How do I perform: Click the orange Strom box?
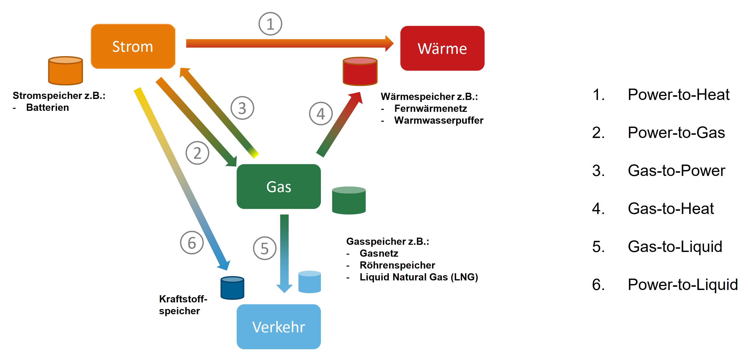pyautogui.click(x=133, y=47)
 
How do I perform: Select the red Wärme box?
pyautogui.click(x=442, y=48)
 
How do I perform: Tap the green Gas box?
pyautogui.click(x=279, y=186)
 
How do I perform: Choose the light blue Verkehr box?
pyautogui.click(x=279, y=327)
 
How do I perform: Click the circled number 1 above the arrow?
pyautogui.click(x=270, y=24)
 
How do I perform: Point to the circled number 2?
pyautogui.click(x=197, y=153)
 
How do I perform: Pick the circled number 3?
pyautogui.click(x=242, y=108)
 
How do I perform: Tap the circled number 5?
pyautogui.click(x=265, y=248)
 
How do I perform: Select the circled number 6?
pyautogui.click(x=192, y=242)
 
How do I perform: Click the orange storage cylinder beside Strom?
pyautogui.click(x=65, y=71)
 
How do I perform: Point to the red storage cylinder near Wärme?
pyautogui.click(x=360, y=71)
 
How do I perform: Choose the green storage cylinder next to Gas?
pyautogui.click(x=349, y=200)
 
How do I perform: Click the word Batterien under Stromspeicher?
pyautogui.click(x=47, y=108)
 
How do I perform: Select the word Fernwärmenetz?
pyautogui.click(x=430, y=108)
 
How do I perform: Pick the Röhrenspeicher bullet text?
pyautogui.click(x=397, y=265)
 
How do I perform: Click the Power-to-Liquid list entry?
pyautogui.click(x=682, y=284)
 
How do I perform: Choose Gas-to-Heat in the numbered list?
pyautogui.click(x=671, y=209)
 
